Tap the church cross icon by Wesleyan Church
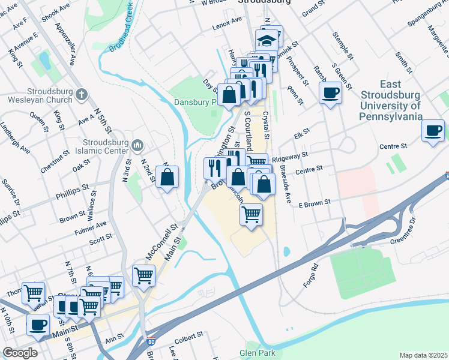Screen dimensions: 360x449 click(x=82, y=94)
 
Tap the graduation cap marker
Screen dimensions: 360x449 click(x=267, y=41)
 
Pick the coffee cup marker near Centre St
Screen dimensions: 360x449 click(x=432, y=130)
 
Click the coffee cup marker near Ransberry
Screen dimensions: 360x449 click(x=329, y=93)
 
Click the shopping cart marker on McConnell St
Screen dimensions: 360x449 click(x=143, y=276)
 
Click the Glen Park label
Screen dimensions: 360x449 click(x=257, y=353)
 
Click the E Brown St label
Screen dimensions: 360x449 click(x=315, y=204)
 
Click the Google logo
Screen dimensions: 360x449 click(x=20, y=353)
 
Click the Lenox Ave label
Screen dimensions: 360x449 click(x=226, y=28)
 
